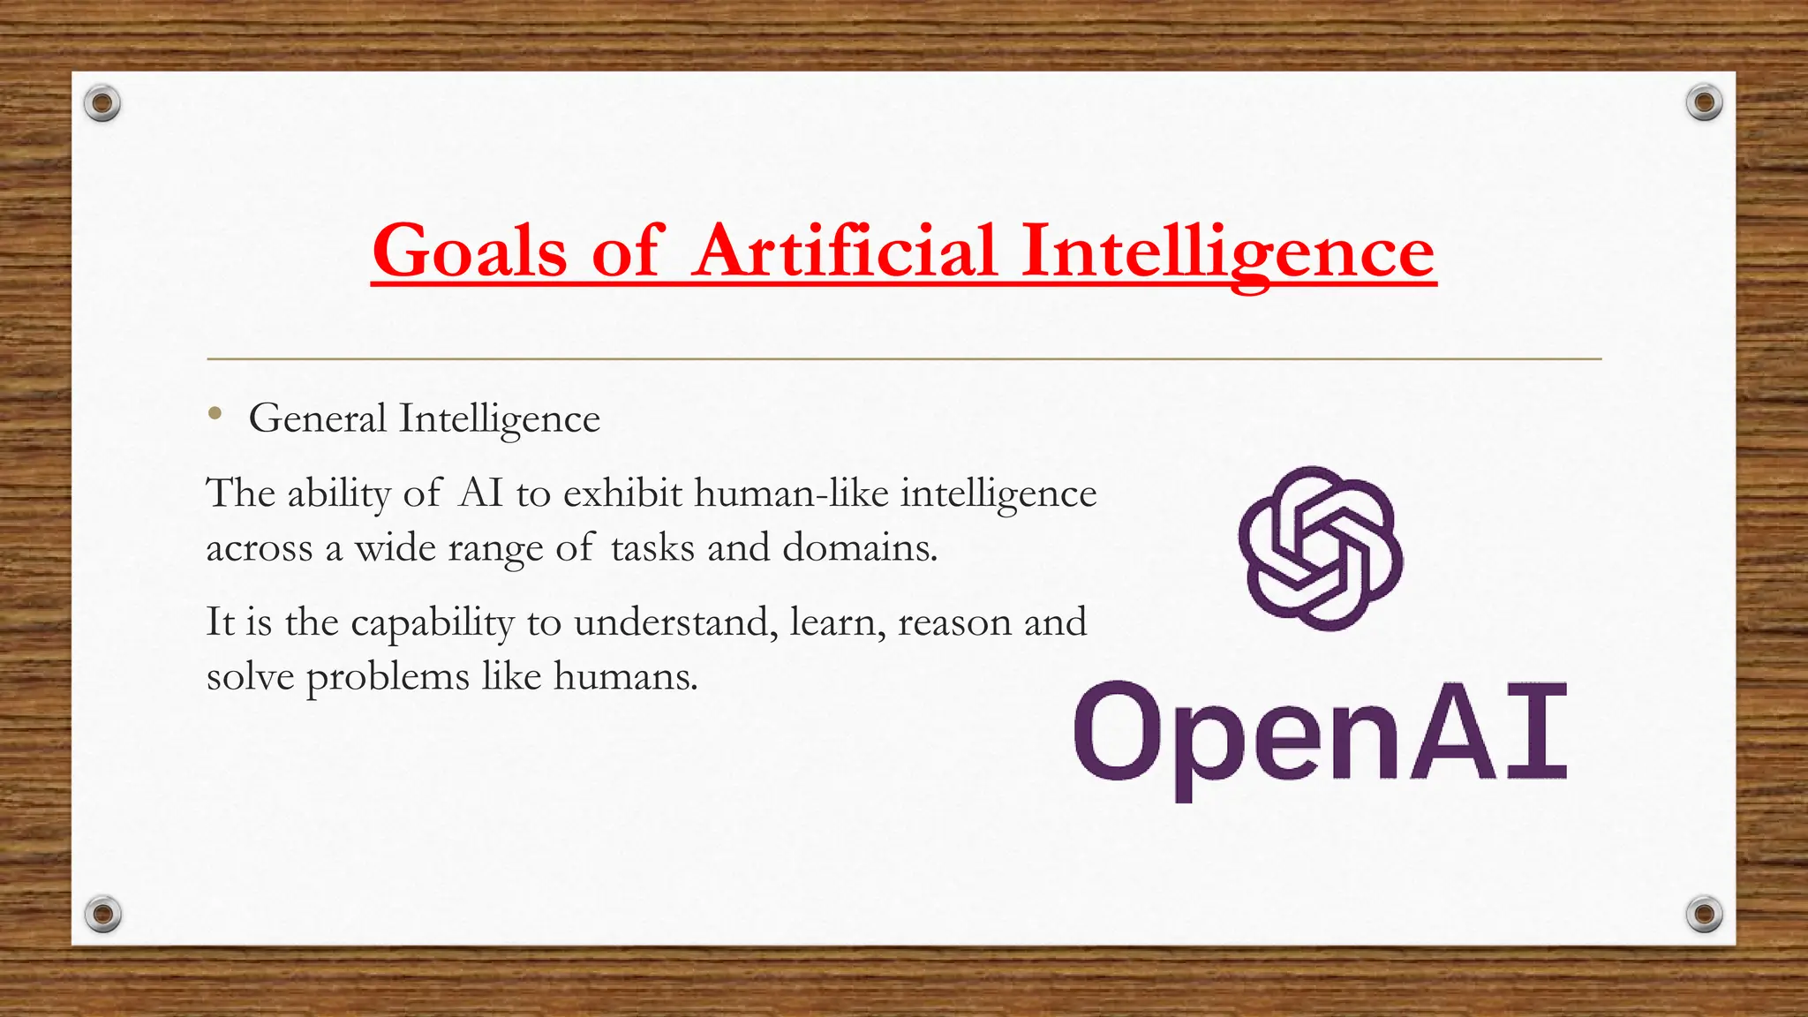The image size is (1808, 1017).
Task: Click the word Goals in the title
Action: (469, 252)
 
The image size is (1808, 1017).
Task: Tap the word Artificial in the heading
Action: (844, 252)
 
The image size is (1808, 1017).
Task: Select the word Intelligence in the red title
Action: (1227, 252)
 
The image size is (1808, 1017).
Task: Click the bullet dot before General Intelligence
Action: (215, 413)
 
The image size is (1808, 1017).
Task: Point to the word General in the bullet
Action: (318, 418)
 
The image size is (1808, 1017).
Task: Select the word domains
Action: (859, 547)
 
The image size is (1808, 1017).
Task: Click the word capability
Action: (432, 622)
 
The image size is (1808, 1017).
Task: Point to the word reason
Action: (954, 622)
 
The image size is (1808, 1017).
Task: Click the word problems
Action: (388, 677)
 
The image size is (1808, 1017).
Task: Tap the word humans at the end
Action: (625, 676)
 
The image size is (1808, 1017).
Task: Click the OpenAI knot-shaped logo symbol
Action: (1320, 548)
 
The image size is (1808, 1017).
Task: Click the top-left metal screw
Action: (102, 103)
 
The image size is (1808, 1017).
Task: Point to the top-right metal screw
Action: (1704, 103)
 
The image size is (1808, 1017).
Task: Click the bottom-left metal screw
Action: (102, 913)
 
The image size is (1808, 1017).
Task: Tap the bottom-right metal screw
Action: (1704, 913)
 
